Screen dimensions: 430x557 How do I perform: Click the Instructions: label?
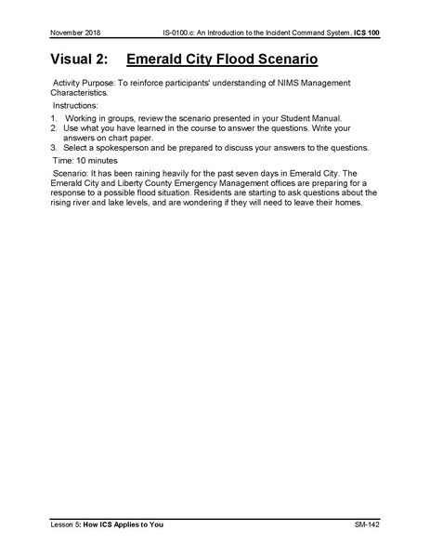74,106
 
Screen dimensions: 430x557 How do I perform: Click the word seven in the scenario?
245,174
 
